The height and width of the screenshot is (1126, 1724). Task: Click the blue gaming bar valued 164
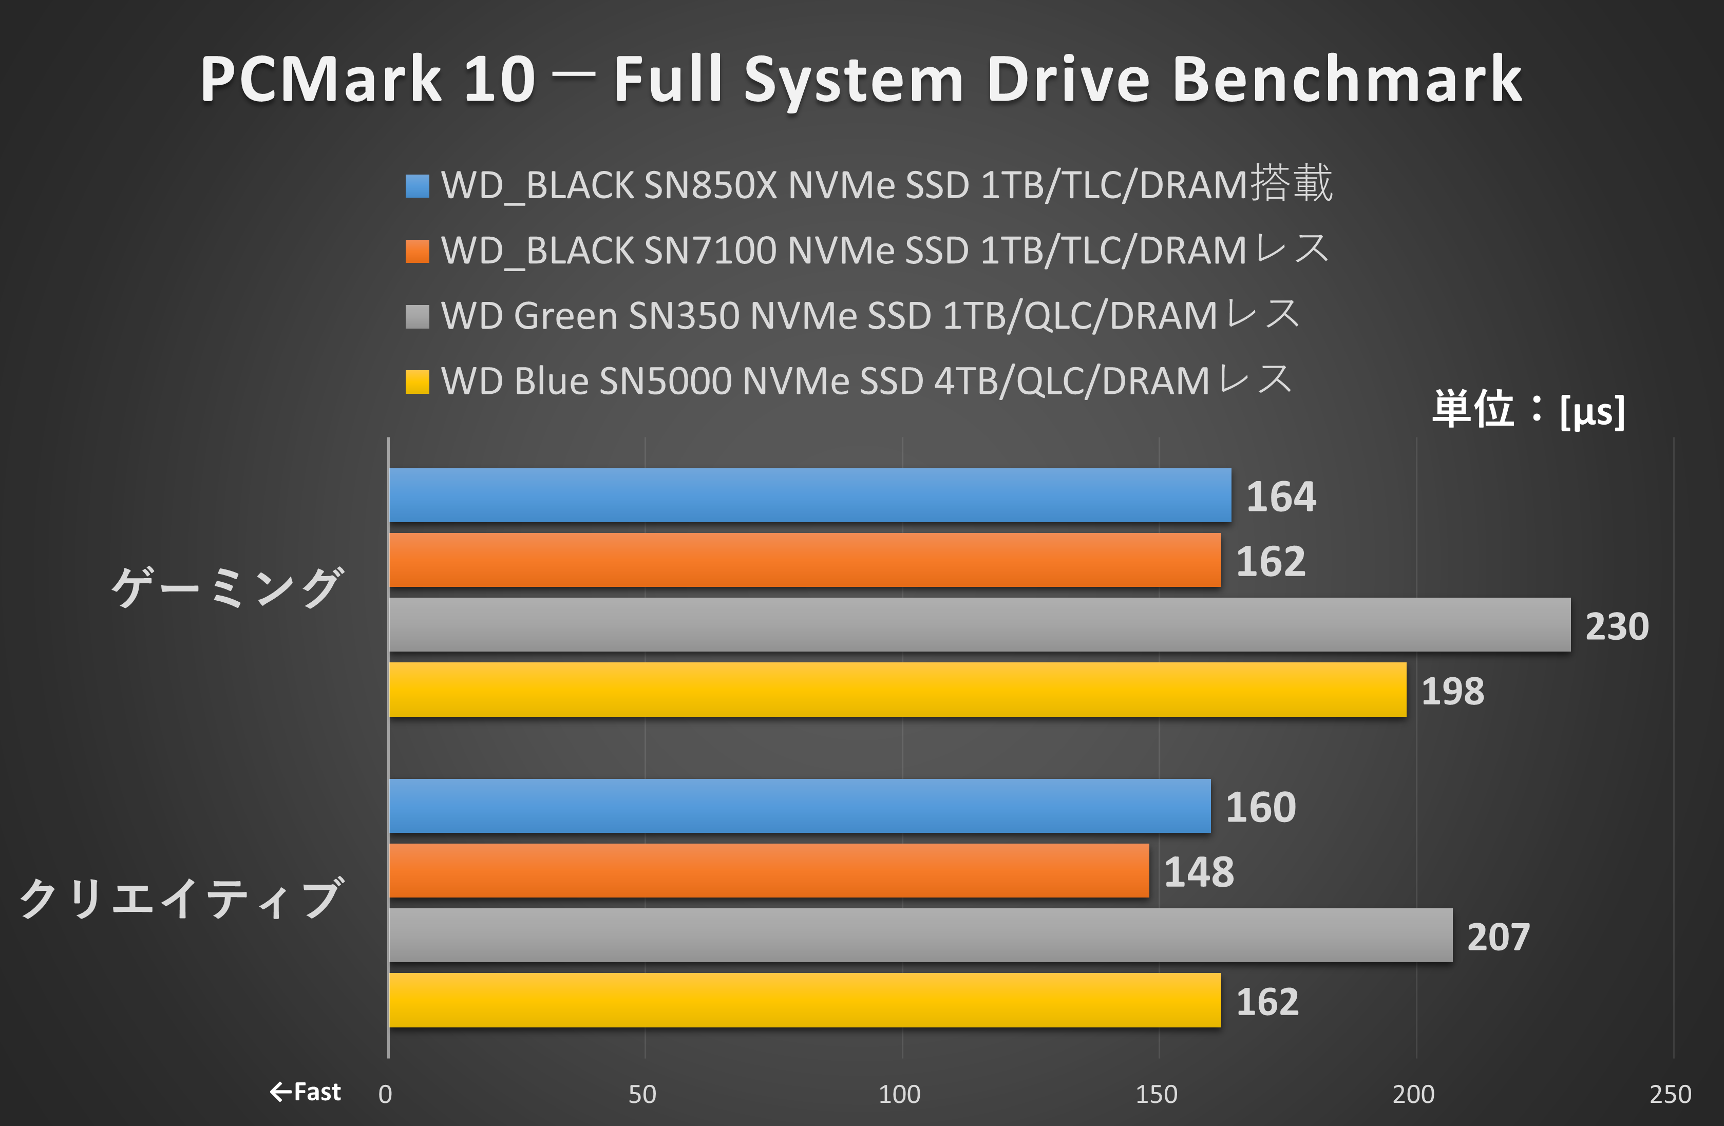(809, 495)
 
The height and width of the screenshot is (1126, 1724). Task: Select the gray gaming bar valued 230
(979, 624)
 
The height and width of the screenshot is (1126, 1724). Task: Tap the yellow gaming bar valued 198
(897, 690)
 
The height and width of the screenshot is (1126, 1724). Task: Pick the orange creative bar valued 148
(769, 870)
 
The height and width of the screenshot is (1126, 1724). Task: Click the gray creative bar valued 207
(920, 935)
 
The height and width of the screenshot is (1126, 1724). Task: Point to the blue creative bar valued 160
(799, 806)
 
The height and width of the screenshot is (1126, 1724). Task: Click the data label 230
(1617, 626)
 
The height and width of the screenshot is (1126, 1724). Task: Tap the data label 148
(1199, 872)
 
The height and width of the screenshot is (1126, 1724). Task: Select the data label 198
(1452, 692)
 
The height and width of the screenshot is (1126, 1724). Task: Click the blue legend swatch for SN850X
(417, 186)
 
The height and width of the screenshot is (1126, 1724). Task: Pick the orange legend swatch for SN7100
(417, 251)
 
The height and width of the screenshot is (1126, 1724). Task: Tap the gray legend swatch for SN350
(417, 316)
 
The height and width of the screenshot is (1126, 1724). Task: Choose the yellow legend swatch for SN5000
(417, 381)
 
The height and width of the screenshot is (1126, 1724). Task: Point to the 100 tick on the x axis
(900, 1094)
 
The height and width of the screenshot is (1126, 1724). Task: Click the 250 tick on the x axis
(1671, 1094)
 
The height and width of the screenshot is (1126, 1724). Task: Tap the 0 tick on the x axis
(385, 1094)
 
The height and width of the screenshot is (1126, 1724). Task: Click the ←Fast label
(305, 1091)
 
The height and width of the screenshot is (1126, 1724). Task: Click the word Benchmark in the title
(1347, 79)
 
